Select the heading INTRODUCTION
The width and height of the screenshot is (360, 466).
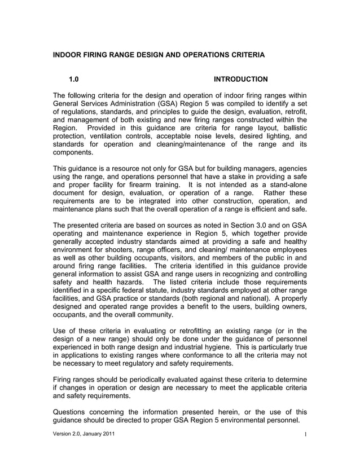tap(241, 79)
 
